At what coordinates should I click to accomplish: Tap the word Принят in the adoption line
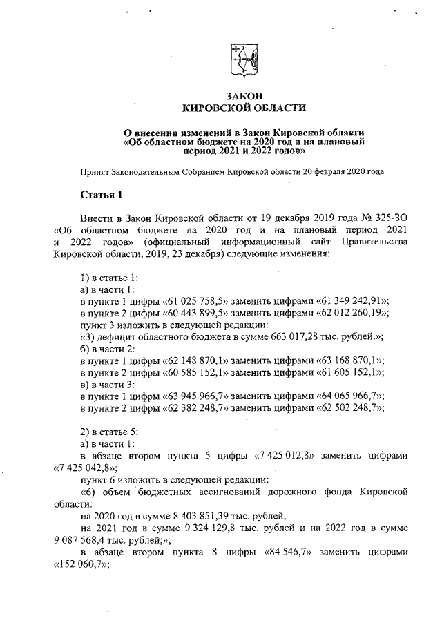94,170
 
